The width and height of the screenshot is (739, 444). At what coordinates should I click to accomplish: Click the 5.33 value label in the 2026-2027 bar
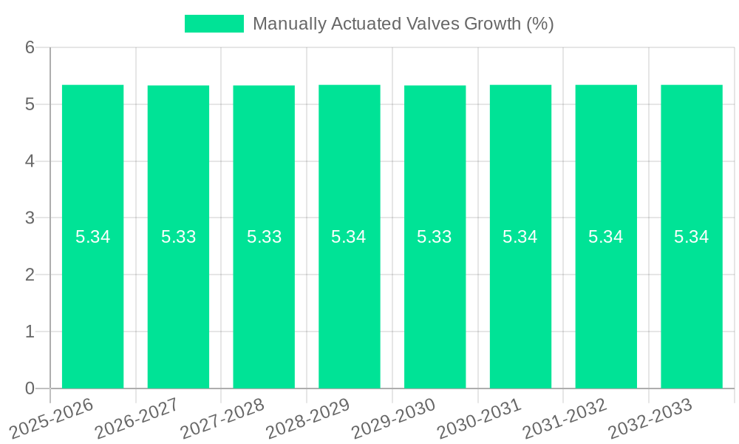[x=179, y=237]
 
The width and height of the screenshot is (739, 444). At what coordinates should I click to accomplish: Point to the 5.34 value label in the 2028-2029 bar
[x=349, y=237]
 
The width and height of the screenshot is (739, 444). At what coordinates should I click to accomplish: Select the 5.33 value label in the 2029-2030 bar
[x=435, y=237]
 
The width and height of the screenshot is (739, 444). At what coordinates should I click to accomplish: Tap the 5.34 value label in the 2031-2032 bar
[x=606, y=237]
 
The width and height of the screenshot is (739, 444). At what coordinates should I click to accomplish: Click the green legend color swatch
[x=214, y=24]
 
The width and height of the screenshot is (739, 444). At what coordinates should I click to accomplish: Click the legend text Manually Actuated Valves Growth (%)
[x=403, y=24]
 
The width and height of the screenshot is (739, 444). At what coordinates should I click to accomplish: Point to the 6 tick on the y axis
[x=30, y=47]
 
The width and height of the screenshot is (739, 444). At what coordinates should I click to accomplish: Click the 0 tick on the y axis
[x=30, y=388]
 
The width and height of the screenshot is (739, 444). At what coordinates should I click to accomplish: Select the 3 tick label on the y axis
[x=30, y=218]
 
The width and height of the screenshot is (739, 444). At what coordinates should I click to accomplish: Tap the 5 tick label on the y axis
[x=30, y=104]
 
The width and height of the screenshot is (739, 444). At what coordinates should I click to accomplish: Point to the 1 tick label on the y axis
[x=30, y=332]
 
